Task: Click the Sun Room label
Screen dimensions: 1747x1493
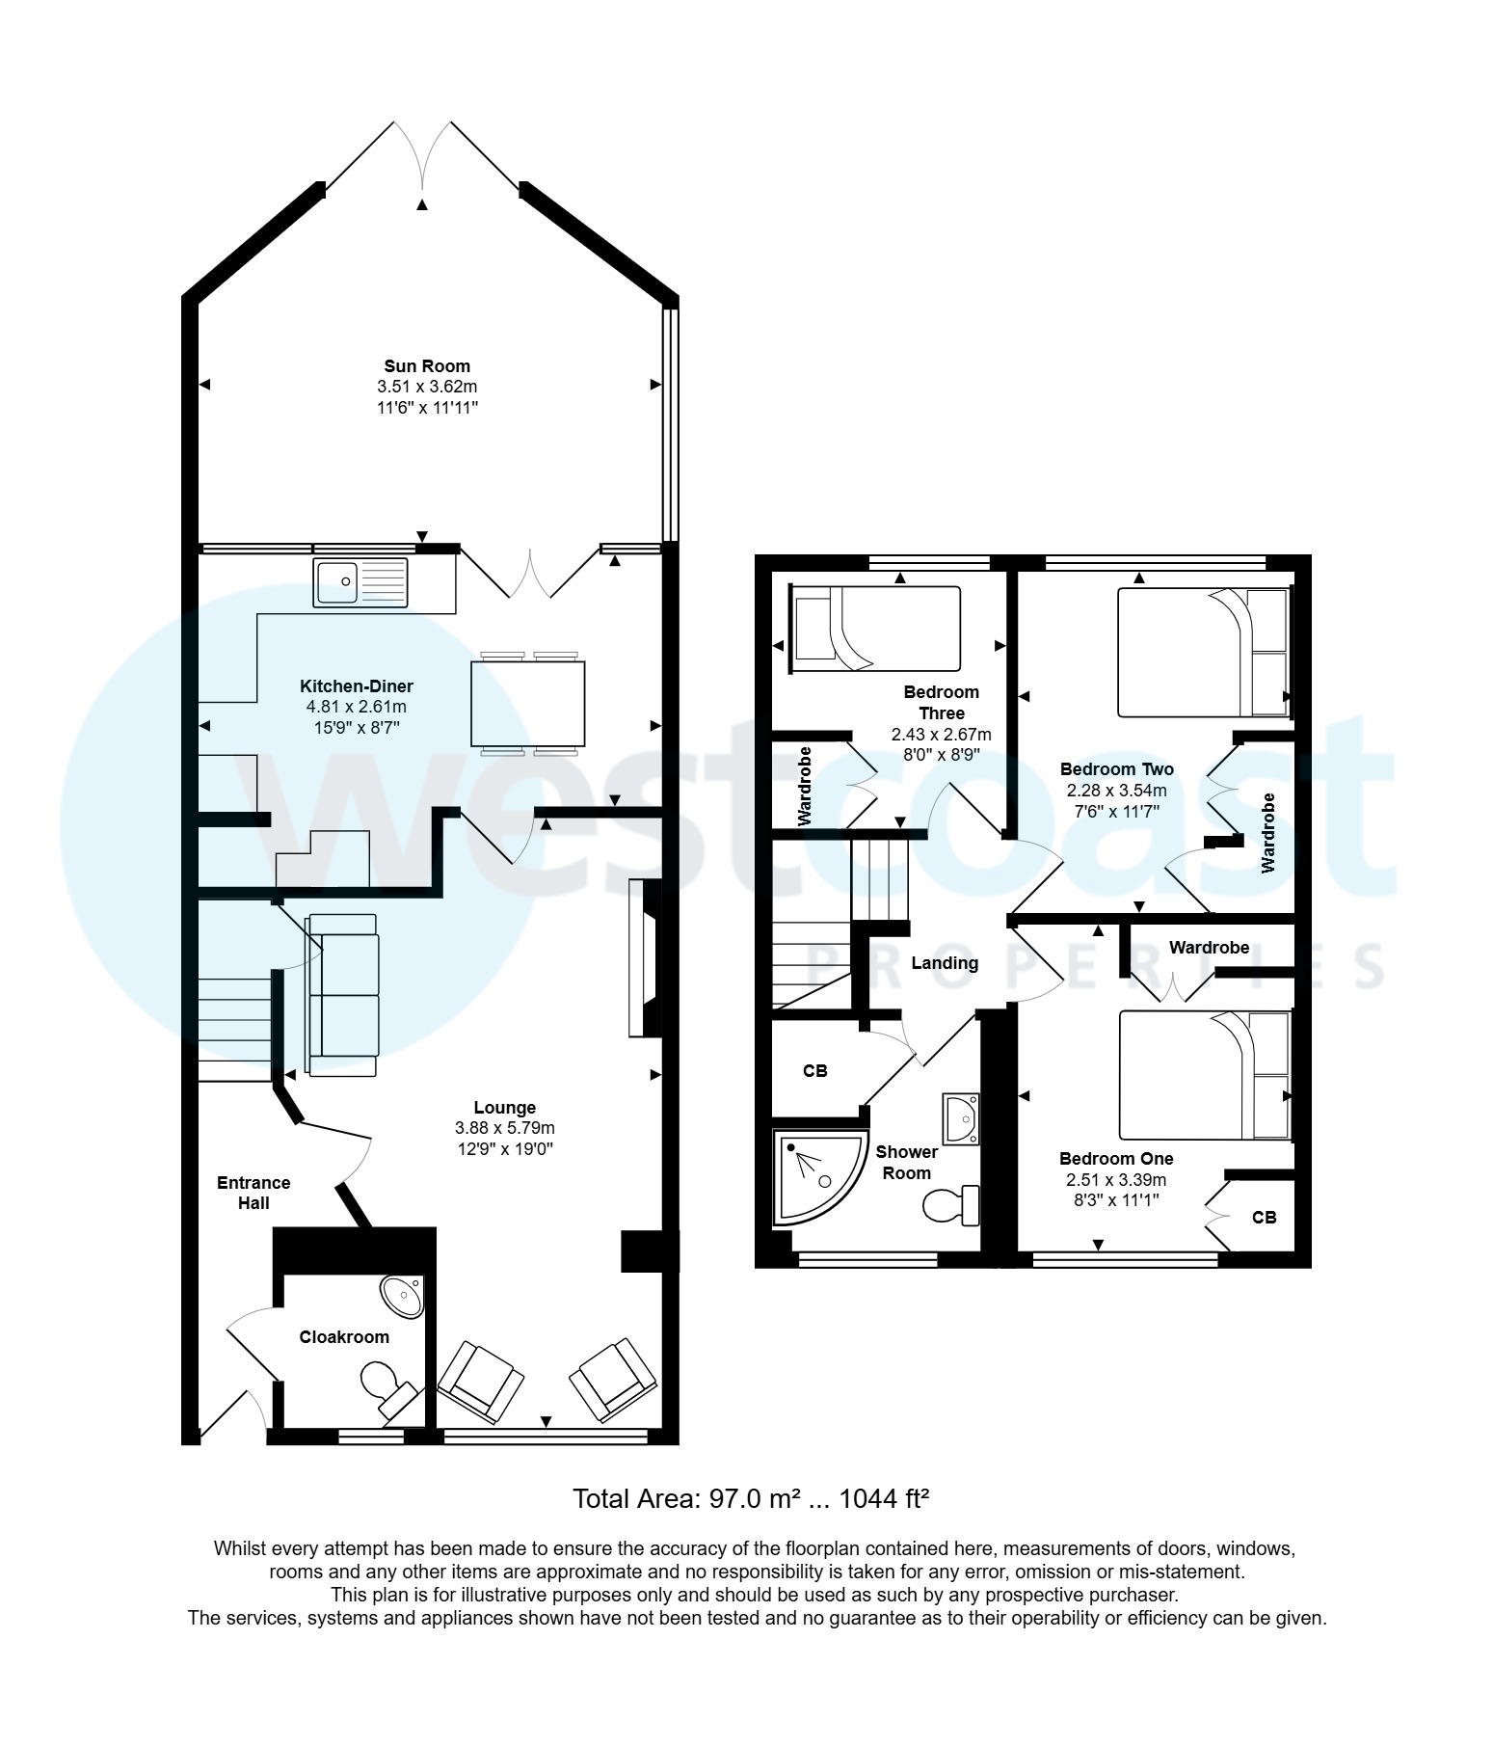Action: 427,365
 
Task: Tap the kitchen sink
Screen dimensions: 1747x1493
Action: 360,582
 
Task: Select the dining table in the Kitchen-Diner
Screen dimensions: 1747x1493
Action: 528,704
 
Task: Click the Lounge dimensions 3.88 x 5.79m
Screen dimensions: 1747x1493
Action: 504,1128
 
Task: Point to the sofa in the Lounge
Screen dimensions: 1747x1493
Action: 343,995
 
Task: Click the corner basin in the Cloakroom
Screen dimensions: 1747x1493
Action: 403,1296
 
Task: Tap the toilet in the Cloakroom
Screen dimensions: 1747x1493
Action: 384,1385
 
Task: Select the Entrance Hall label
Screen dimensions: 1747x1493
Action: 253,1193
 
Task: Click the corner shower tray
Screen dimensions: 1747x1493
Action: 816,1177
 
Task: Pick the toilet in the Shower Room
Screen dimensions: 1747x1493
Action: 950,1205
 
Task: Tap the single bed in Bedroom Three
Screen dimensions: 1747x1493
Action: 875,629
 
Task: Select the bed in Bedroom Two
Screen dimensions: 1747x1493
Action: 1202,653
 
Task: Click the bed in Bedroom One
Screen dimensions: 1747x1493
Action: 1204,1075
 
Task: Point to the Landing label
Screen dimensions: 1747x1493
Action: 945,962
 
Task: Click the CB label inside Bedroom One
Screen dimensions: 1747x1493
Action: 1265,1218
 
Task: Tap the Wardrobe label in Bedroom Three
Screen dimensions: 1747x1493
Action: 806,785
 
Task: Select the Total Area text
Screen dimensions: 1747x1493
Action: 750,1499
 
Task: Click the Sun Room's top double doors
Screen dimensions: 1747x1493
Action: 422,154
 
